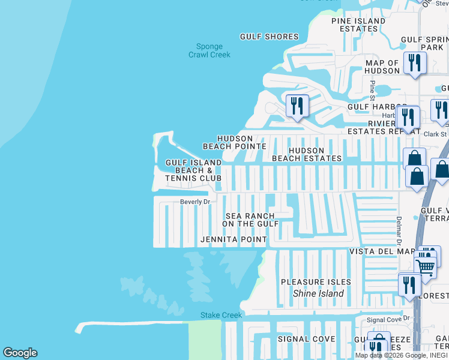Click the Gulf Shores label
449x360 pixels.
pos(269,37)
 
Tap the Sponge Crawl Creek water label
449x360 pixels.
pos(209,51)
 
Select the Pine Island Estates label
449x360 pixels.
pos(358,25)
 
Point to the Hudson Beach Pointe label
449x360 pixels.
pos(235,142)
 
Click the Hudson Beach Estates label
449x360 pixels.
pos(307,155)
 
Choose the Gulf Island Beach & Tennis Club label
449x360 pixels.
pos(193,170)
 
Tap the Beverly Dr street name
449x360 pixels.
pos(195,202)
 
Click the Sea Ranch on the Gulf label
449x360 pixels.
pos(250,220)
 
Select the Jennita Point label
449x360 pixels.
pos(233,240)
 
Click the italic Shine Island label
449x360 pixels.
pos(318,293)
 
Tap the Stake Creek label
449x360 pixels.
pos(221,316)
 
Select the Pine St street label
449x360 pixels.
pos(372,90)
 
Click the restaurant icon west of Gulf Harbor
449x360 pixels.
pos(297,106)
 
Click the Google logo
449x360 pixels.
pos(20,353)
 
